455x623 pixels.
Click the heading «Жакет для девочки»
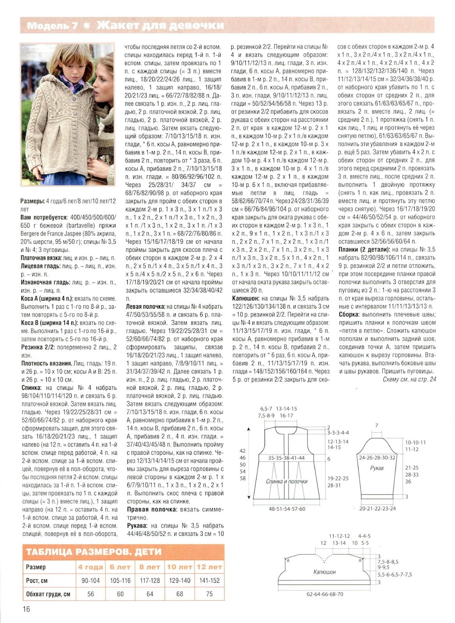[x=160, y=26]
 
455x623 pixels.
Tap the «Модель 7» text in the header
[x=53, y=26]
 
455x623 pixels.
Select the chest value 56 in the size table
[x=91, y=594]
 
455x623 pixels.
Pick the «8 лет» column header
[x=150, y=567]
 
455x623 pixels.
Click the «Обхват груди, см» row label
[x=48, y=594]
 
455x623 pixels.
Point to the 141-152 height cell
[x=209, y=580]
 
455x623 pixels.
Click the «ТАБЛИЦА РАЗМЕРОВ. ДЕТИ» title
[x=93, y=552]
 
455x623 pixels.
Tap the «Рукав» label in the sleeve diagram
[x=377, y=468]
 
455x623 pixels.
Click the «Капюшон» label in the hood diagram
[x=324, y=572]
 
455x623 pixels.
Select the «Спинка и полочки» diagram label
[x=287, y=481]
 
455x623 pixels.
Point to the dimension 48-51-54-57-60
[x=287, y=509]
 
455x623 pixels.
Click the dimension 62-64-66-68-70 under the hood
[x=325, y=594]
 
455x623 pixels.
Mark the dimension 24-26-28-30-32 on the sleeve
[x=377, y=458]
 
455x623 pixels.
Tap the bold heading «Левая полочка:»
[x=146, y=307]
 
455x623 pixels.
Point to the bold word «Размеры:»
[x=32, y=201]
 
